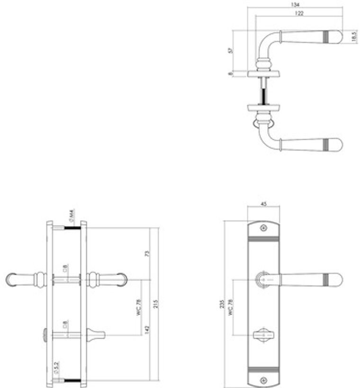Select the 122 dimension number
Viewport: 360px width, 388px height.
[x=299, y=14]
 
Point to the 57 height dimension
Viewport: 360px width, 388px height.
[x=230, y=51]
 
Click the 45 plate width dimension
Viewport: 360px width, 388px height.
[x=263, y=205]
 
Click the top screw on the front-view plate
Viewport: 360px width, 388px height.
[x=263, y=228]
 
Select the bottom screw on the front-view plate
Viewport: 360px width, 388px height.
[x=263, y=379]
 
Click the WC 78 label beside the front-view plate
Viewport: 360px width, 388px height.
[x=231, y=307]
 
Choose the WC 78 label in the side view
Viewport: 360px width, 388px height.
[x=139, y=307]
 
